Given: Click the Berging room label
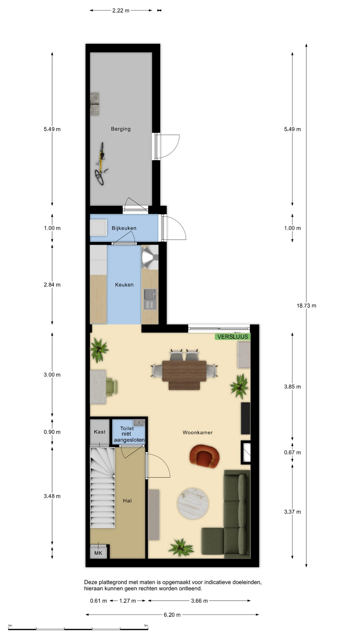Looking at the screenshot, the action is click(x=121, y=129).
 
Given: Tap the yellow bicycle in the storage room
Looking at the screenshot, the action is click(x=101, y=164).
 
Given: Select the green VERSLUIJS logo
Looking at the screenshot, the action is click(x=233, y=337).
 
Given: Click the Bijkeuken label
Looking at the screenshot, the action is click(x=124, y=228).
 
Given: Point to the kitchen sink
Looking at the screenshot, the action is click(x=150, y=299).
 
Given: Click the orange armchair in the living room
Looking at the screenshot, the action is click(x=204, y=456).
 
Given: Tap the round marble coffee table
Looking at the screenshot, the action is click(x=193, y=504).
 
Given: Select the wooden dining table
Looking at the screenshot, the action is click(x=184, y=375).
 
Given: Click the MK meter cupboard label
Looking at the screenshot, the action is click(x=98, y=553).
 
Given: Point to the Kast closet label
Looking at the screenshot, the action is click(x=100, y=432).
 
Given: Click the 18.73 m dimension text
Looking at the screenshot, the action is click(x=306, y=306).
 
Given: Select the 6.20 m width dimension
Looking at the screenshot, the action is click(x=172, y=615).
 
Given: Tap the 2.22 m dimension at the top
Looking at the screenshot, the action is click(x=121, y=11).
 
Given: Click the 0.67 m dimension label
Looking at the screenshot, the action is click(x=292, y=453).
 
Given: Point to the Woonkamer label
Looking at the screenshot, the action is click(x=198, y=433).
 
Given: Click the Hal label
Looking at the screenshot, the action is click(x=127, y=501).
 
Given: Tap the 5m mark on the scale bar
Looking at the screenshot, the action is click(x=146, y=626).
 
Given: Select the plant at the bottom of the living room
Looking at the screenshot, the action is click(x=181, y=547).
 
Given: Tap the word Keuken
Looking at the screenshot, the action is click(x=124, y=285).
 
